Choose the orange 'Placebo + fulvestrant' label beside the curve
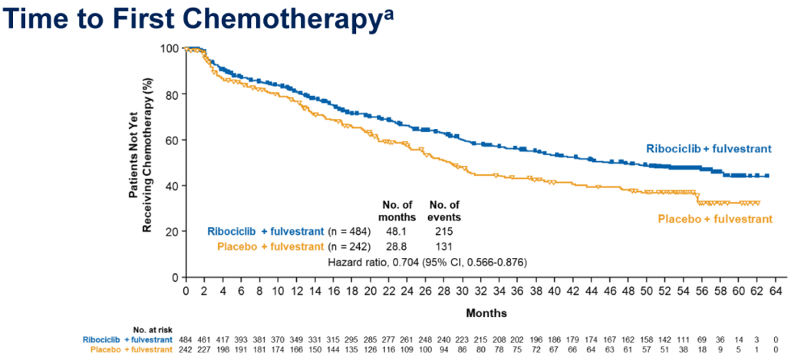pos(715,219)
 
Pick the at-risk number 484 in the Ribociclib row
pos(186,339)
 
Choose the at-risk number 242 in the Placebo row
pos(186,349)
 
